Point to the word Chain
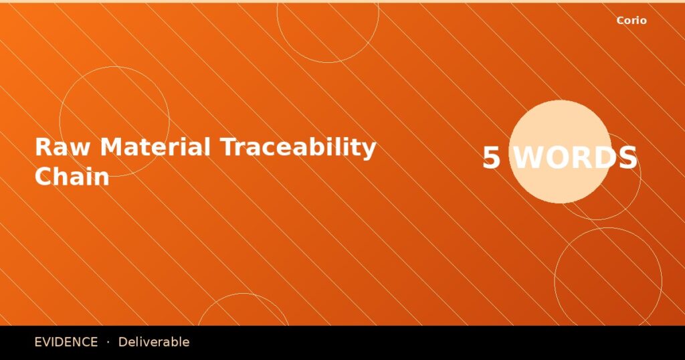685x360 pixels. tap(72, 176)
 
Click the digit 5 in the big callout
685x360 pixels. tap(492, 159)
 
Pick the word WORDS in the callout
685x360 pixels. tap(575, 159)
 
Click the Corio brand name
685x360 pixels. tap(631, 21)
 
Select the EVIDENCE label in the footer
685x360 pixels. tap(66, 342)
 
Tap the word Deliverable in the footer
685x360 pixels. tap(154, 342)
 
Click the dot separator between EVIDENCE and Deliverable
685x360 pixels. tap(108, 342)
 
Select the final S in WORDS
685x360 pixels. tap(627, 159)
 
